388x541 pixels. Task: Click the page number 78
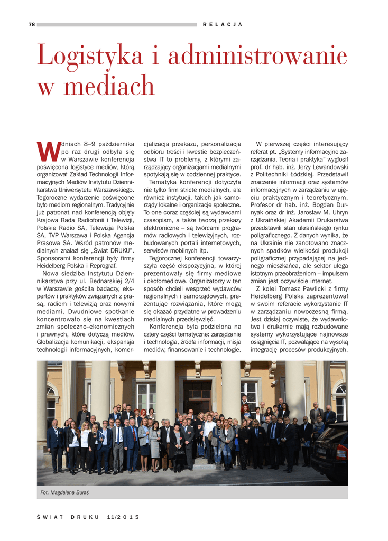pos(32,24)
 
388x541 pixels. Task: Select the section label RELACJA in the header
pos(223,25)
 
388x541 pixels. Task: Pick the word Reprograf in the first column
pos(100,266)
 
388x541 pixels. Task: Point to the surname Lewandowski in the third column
pos(326,166)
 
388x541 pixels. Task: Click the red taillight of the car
pos(342,453)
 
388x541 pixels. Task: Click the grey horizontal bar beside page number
pos(116,24)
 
